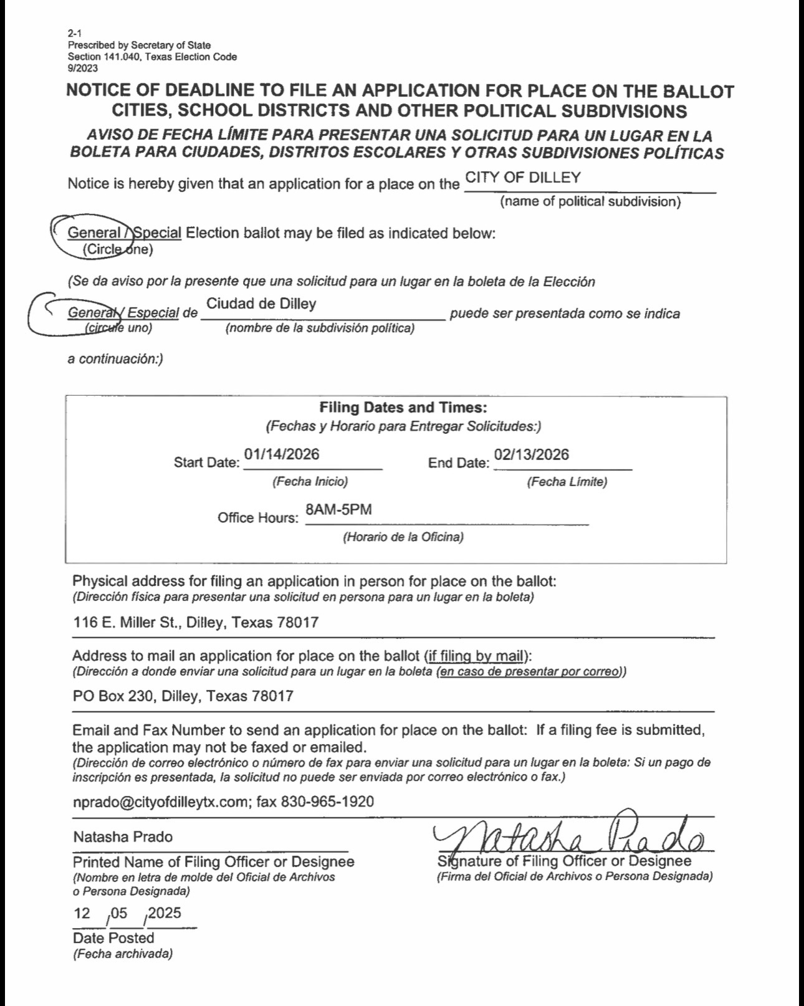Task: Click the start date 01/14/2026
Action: click(282, 454)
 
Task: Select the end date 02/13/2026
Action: click(532, 454)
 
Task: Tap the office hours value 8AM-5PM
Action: click(338, 510)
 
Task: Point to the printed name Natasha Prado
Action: click(123, 836)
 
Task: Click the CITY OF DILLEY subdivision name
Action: click(523, 178)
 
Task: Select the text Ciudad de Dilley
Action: click(261, 304)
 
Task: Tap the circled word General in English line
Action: click(94, 233)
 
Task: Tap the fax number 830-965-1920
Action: click(327, 801)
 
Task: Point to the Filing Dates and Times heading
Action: click(403, 408)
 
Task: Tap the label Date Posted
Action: click(113, 937)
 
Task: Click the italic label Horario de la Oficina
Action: click(403, 537)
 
